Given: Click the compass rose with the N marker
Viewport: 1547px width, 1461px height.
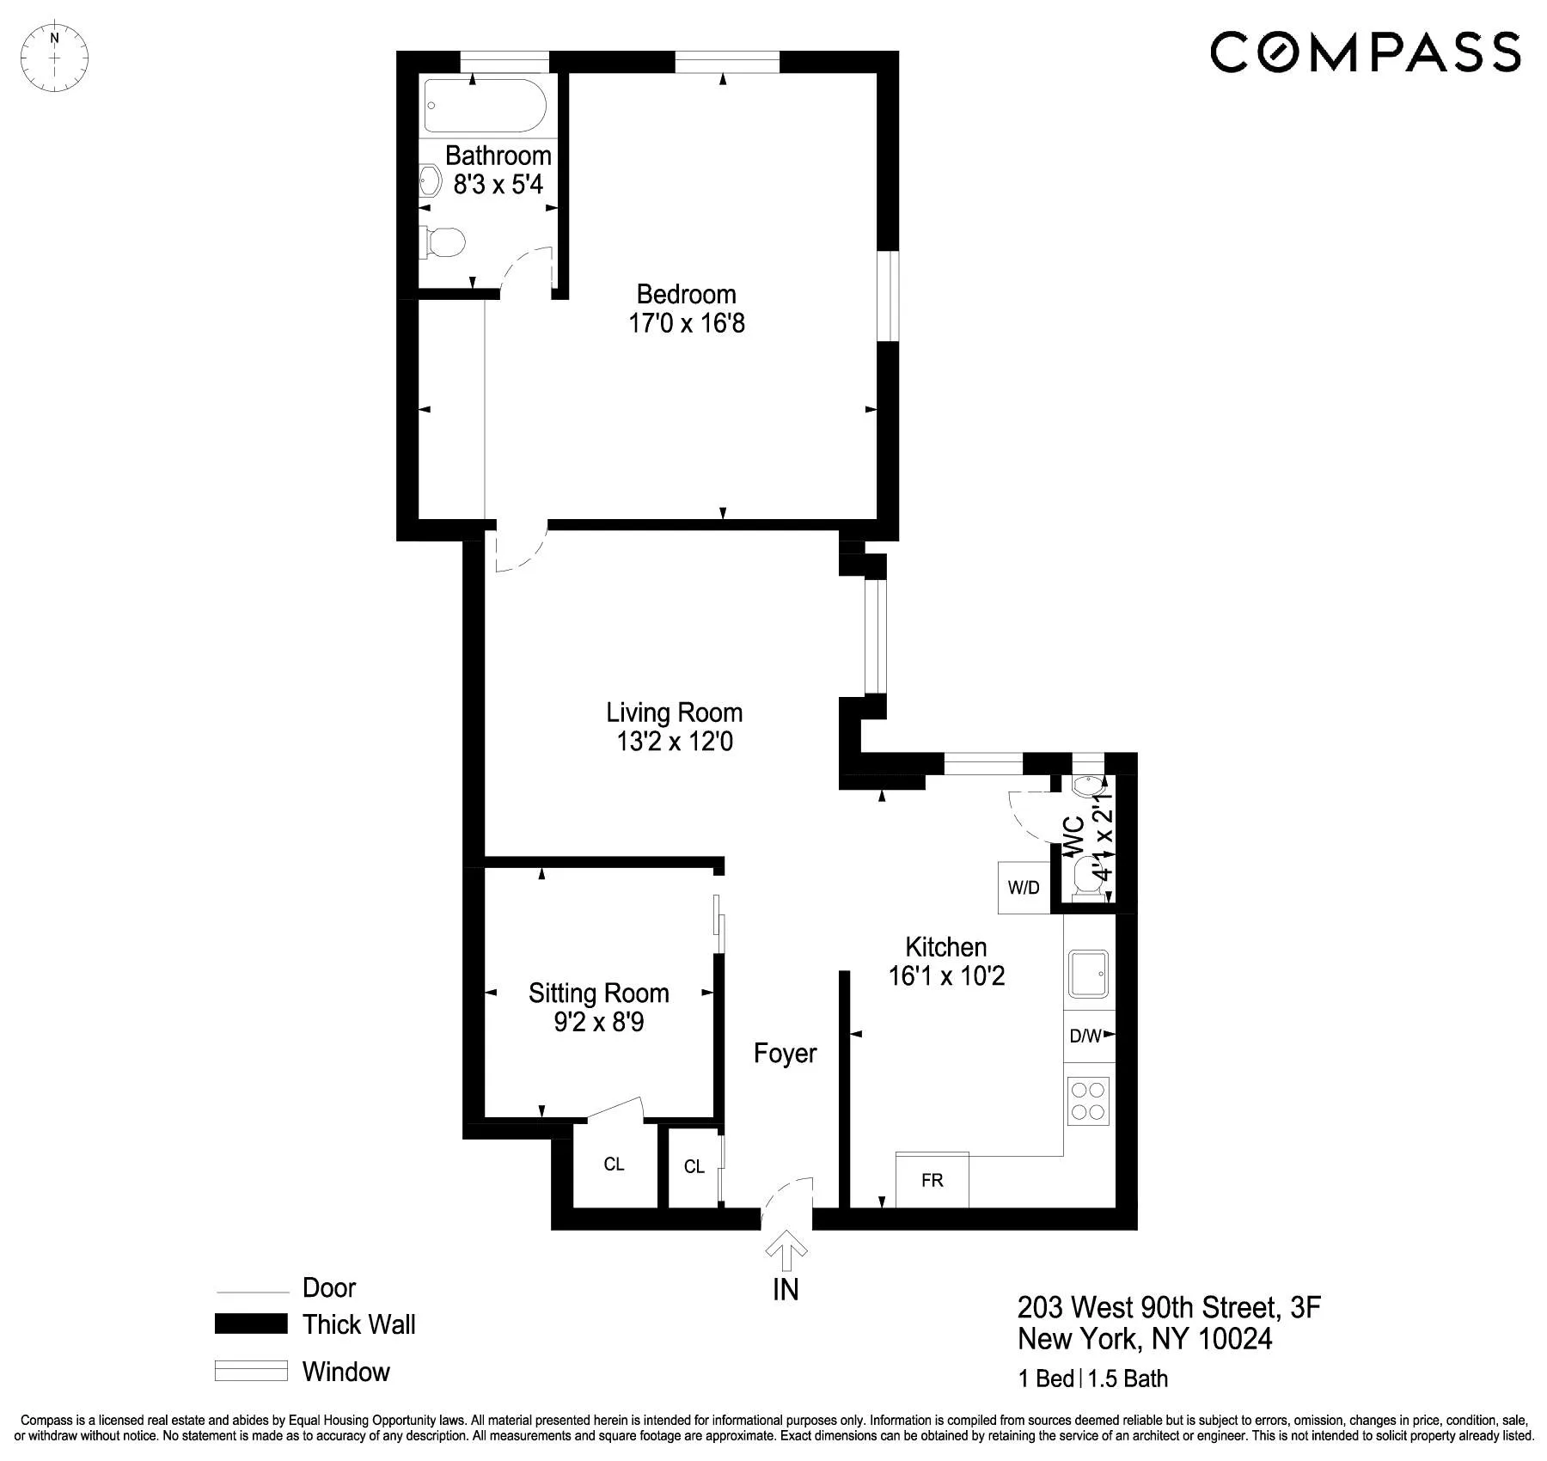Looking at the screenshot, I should (54, 58).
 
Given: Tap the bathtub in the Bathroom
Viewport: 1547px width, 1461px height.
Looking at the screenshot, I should (485, 105).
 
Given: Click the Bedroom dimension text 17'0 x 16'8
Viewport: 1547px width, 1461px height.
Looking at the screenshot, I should (687, 324).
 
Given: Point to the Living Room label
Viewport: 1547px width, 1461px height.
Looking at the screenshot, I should (674, 712).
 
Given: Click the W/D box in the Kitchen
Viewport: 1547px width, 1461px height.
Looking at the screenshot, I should (1024, 888).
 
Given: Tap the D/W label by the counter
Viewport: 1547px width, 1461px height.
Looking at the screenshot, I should (1085, 1036).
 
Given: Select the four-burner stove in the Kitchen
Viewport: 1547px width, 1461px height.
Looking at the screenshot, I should (1088, 1101).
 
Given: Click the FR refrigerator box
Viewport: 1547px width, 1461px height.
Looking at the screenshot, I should (932, 1180).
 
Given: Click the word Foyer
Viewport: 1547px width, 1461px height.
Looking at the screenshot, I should (785, 1054).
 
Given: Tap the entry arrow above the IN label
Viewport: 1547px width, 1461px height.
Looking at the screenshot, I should (786, 1250).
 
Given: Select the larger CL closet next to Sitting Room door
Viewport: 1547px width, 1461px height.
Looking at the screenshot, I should (614, 1165).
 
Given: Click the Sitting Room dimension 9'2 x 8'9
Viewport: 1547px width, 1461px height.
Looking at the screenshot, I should (598, 1023).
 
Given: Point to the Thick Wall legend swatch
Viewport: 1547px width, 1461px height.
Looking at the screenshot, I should (251, 1323).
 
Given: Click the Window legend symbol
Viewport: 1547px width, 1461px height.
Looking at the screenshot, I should (251, 1371).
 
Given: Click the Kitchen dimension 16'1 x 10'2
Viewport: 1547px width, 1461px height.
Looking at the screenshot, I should (946, 976).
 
